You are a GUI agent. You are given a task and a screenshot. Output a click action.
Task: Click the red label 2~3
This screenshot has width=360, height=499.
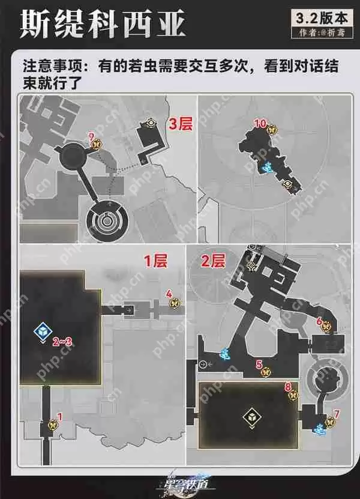tap(62, 342)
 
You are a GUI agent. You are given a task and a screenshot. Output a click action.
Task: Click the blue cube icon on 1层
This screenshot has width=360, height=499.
tap(42, 331)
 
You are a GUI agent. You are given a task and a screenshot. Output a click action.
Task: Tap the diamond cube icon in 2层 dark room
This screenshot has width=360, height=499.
tap(249, 416)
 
